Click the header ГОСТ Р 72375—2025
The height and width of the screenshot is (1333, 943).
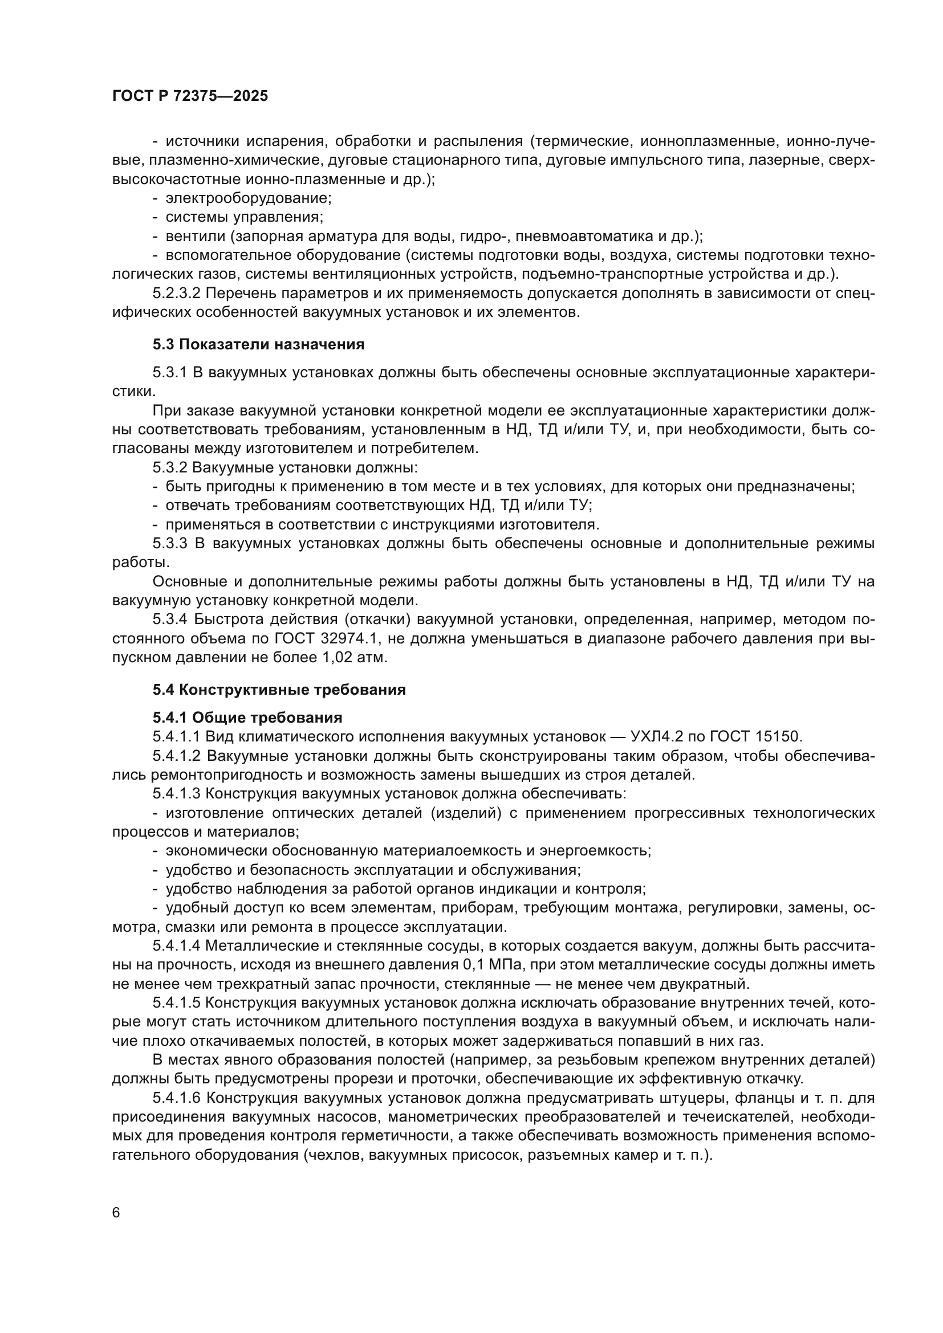point(190,96)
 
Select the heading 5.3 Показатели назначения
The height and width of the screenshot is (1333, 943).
point(258,344)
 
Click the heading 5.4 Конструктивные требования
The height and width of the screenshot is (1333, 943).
point(279,690)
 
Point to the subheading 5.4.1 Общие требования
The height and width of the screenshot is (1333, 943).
point(247,718)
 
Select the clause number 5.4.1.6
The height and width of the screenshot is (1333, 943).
point(176,1098)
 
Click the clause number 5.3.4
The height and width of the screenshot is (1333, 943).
point(169,619)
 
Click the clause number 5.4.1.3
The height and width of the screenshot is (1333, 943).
point(176,794)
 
